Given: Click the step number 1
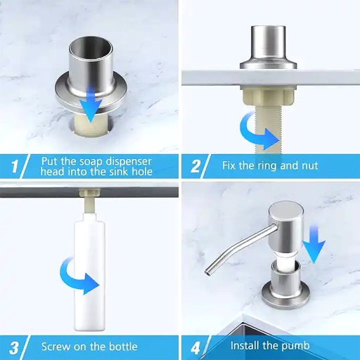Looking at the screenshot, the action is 15,166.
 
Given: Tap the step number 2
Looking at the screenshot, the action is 195,166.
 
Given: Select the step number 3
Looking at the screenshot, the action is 14,348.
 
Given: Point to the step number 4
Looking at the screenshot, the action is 195,348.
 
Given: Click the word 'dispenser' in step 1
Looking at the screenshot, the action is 129,162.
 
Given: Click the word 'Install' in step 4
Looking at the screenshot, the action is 245,346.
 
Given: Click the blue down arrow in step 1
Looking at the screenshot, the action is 90,103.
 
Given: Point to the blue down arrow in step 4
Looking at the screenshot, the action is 314,244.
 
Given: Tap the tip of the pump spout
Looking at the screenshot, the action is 207,272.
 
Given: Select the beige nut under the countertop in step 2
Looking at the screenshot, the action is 267,97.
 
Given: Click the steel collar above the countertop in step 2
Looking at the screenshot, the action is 269,47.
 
